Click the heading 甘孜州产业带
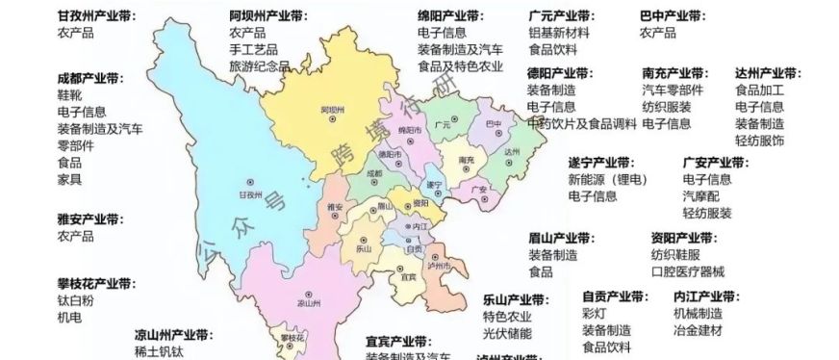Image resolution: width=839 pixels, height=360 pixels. pyautogui.click(x=96, y=16)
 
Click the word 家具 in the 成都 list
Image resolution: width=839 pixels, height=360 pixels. pyautogui.click(x=69, y=178)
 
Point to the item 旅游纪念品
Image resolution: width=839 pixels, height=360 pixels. pyautogui.click(x=259, y=66)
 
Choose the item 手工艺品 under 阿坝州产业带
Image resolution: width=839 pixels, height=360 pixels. pyautogui.click(x=253, y=50)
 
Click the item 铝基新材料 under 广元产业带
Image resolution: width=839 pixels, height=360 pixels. pyautogui.click(x=559, y=33)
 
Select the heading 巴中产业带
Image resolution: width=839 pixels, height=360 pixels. pyautogui.click(x=673, y=16)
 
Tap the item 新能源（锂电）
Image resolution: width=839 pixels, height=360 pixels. pyautogui.click(x=607, y=180)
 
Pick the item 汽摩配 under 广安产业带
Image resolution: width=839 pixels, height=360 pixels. pyautogui.click(x=700, y=196)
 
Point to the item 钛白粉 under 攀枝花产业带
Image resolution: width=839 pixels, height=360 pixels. pyautogui.click(x=75, y=301)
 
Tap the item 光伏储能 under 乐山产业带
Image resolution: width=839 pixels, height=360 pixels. pyautogui.click(x=507, y=334)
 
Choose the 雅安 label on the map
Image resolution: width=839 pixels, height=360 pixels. pyautogui.click(x=335, y=206)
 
